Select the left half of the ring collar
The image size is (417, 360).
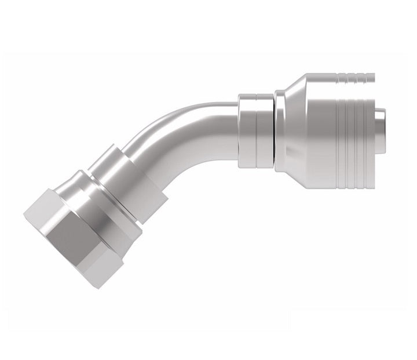pyautogui.click(x=247, y=130)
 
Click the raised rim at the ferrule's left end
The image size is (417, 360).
pyautogui.click(x=280, y=130)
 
